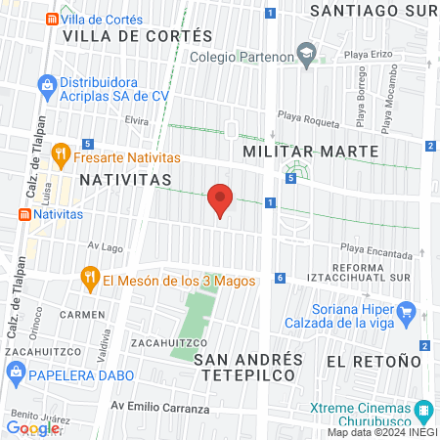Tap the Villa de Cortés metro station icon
click(50, 19)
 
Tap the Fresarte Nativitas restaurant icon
click(60, 154)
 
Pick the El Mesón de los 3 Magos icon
click(90, 279)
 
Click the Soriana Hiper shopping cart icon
click(409, 314)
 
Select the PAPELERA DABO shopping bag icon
click(15, 372)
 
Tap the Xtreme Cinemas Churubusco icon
click(423, 409)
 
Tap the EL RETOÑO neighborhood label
click(365, 361)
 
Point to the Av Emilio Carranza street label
click(159, 407)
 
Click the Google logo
click(33, 427)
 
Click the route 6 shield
click(280, 278)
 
